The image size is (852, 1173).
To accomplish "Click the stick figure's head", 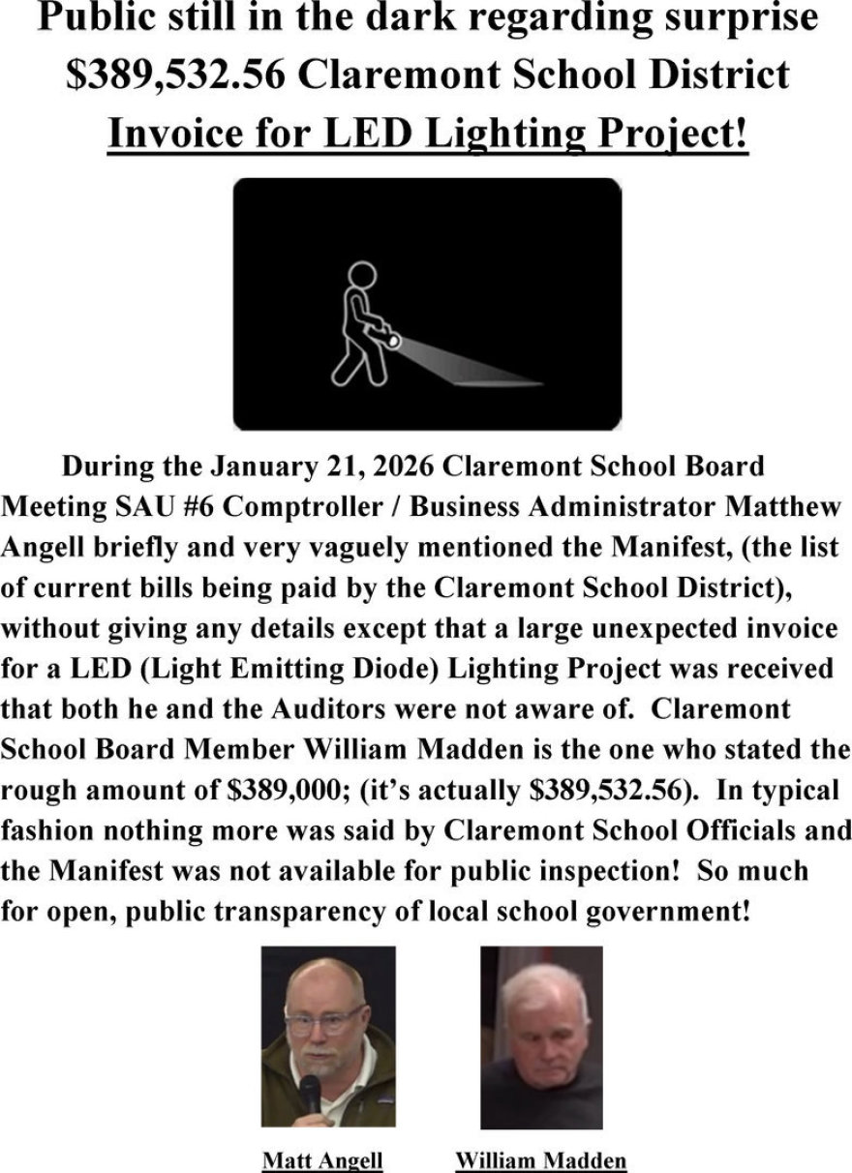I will coord(361,276).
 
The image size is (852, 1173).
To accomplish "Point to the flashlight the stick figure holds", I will coord(390,340).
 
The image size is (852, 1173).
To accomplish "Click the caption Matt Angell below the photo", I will coord(322,1159).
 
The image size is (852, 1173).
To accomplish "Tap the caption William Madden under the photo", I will coord(540,1159).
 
